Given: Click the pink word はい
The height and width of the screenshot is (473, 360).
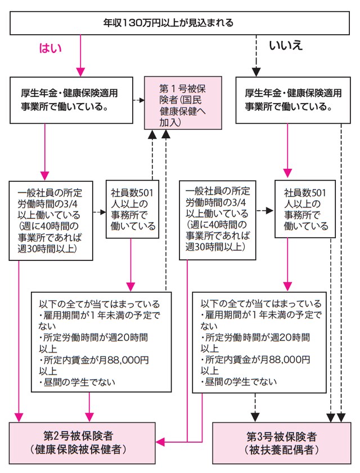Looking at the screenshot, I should (x=50, y=48).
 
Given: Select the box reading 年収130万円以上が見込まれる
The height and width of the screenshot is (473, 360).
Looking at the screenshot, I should (x=180, y=24).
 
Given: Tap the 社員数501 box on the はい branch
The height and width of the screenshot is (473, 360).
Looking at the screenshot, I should (x=131, y=209).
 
